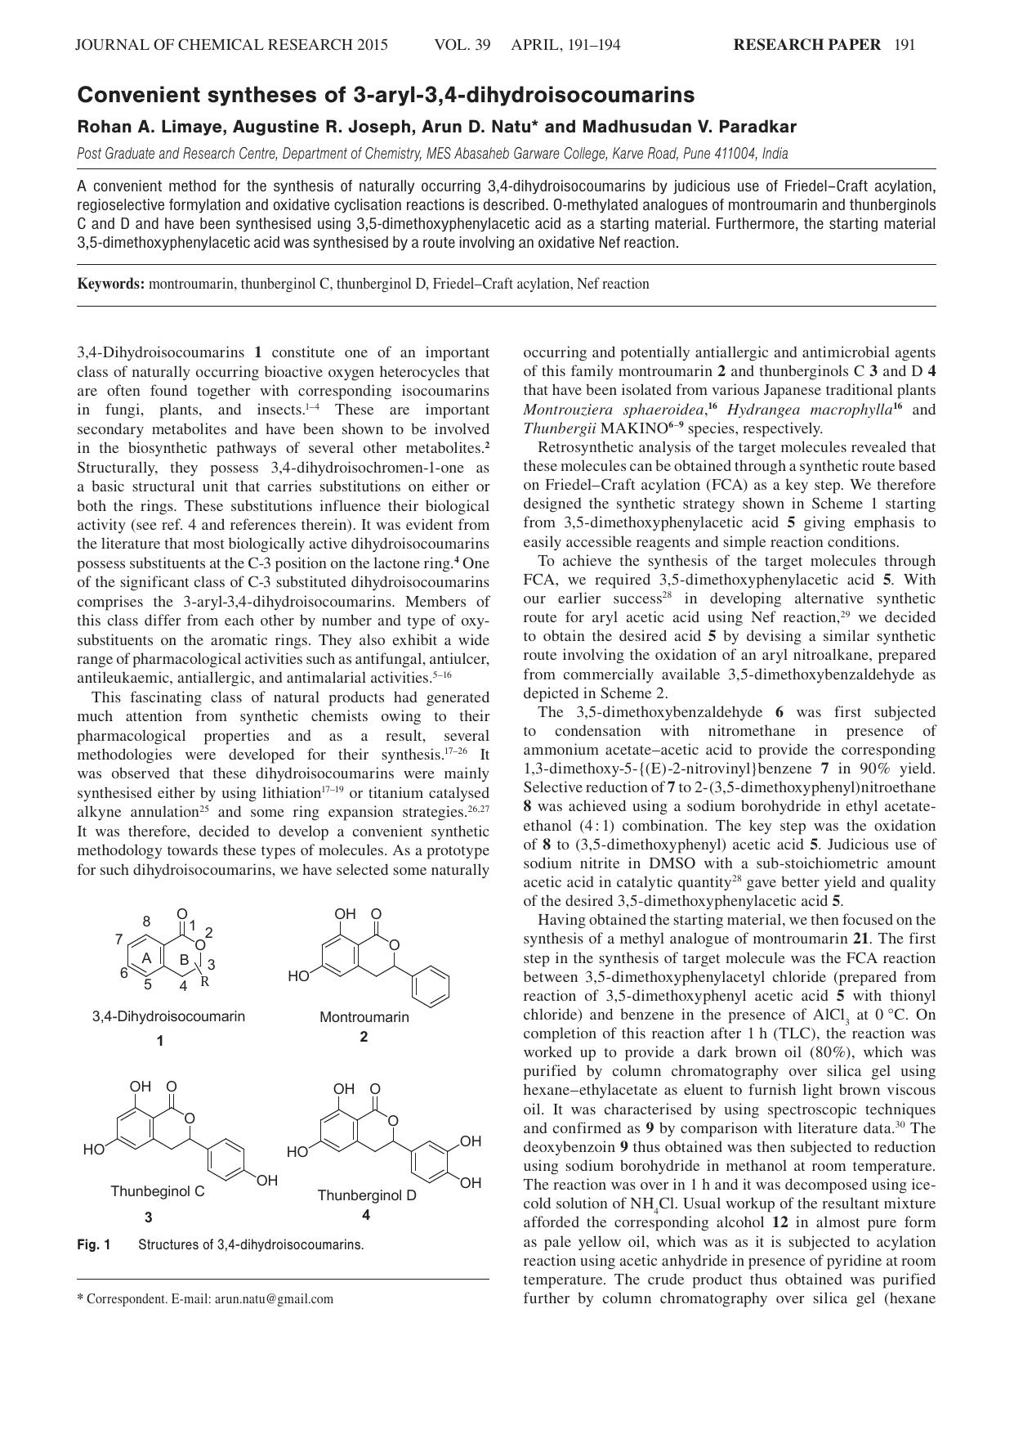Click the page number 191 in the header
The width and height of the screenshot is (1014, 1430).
pos(905,45)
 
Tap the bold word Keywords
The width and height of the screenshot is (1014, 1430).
pos(111,284)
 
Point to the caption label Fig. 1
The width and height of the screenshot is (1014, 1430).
pos(94,1244)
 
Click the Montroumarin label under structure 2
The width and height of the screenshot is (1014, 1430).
pos(364,1017)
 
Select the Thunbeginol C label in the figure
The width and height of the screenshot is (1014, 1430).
pos(158,1191)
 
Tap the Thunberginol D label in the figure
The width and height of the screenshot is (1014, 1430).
pos(367,1195)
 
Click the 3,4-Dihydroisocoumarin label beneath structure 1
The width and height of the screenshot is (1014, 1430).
pos(168,1016)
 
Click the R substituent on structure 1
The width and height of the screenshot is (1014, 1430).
pos(205,982)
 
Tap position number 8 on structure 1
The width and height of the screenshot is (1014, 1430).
pos(147,921)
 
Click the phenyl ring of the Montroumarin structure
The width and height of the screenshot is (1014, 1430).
pos(431,988)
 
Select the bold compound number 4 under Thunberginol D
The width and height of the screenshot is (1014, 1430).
pos(366,1215)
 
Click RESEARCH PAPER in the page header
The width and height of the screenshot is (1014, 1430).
pos(806,45)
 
